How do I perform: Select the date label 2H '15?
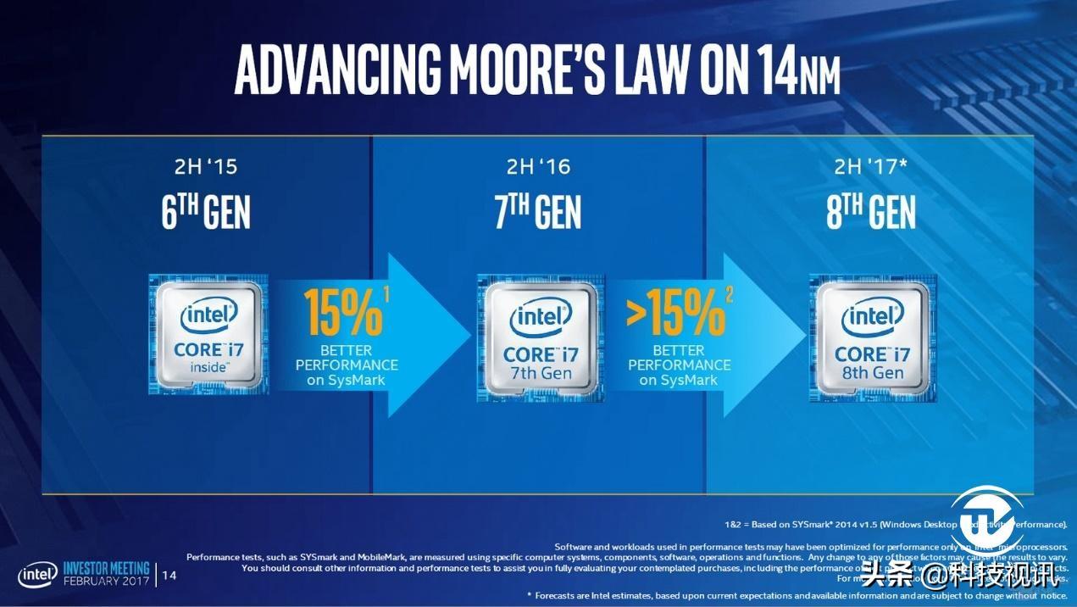click(205, 167)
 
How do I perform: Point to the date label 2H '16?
click(538, 167)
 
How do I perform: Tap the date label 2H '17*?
click(872, 167)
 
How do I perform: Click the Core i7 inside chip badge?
click(208, 333)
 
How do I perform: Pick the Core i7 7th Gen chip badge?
click(540, 337)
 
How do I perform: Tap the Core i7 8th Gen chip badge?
click(872, 337)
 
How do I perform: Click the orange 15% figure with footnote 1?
click(344, 313)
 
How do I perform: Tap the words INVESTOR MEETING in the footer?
click(107, 568)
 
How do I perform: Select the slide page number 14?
click(169, 576)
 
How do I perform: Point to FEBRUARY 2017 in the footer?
click(107, 582)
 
